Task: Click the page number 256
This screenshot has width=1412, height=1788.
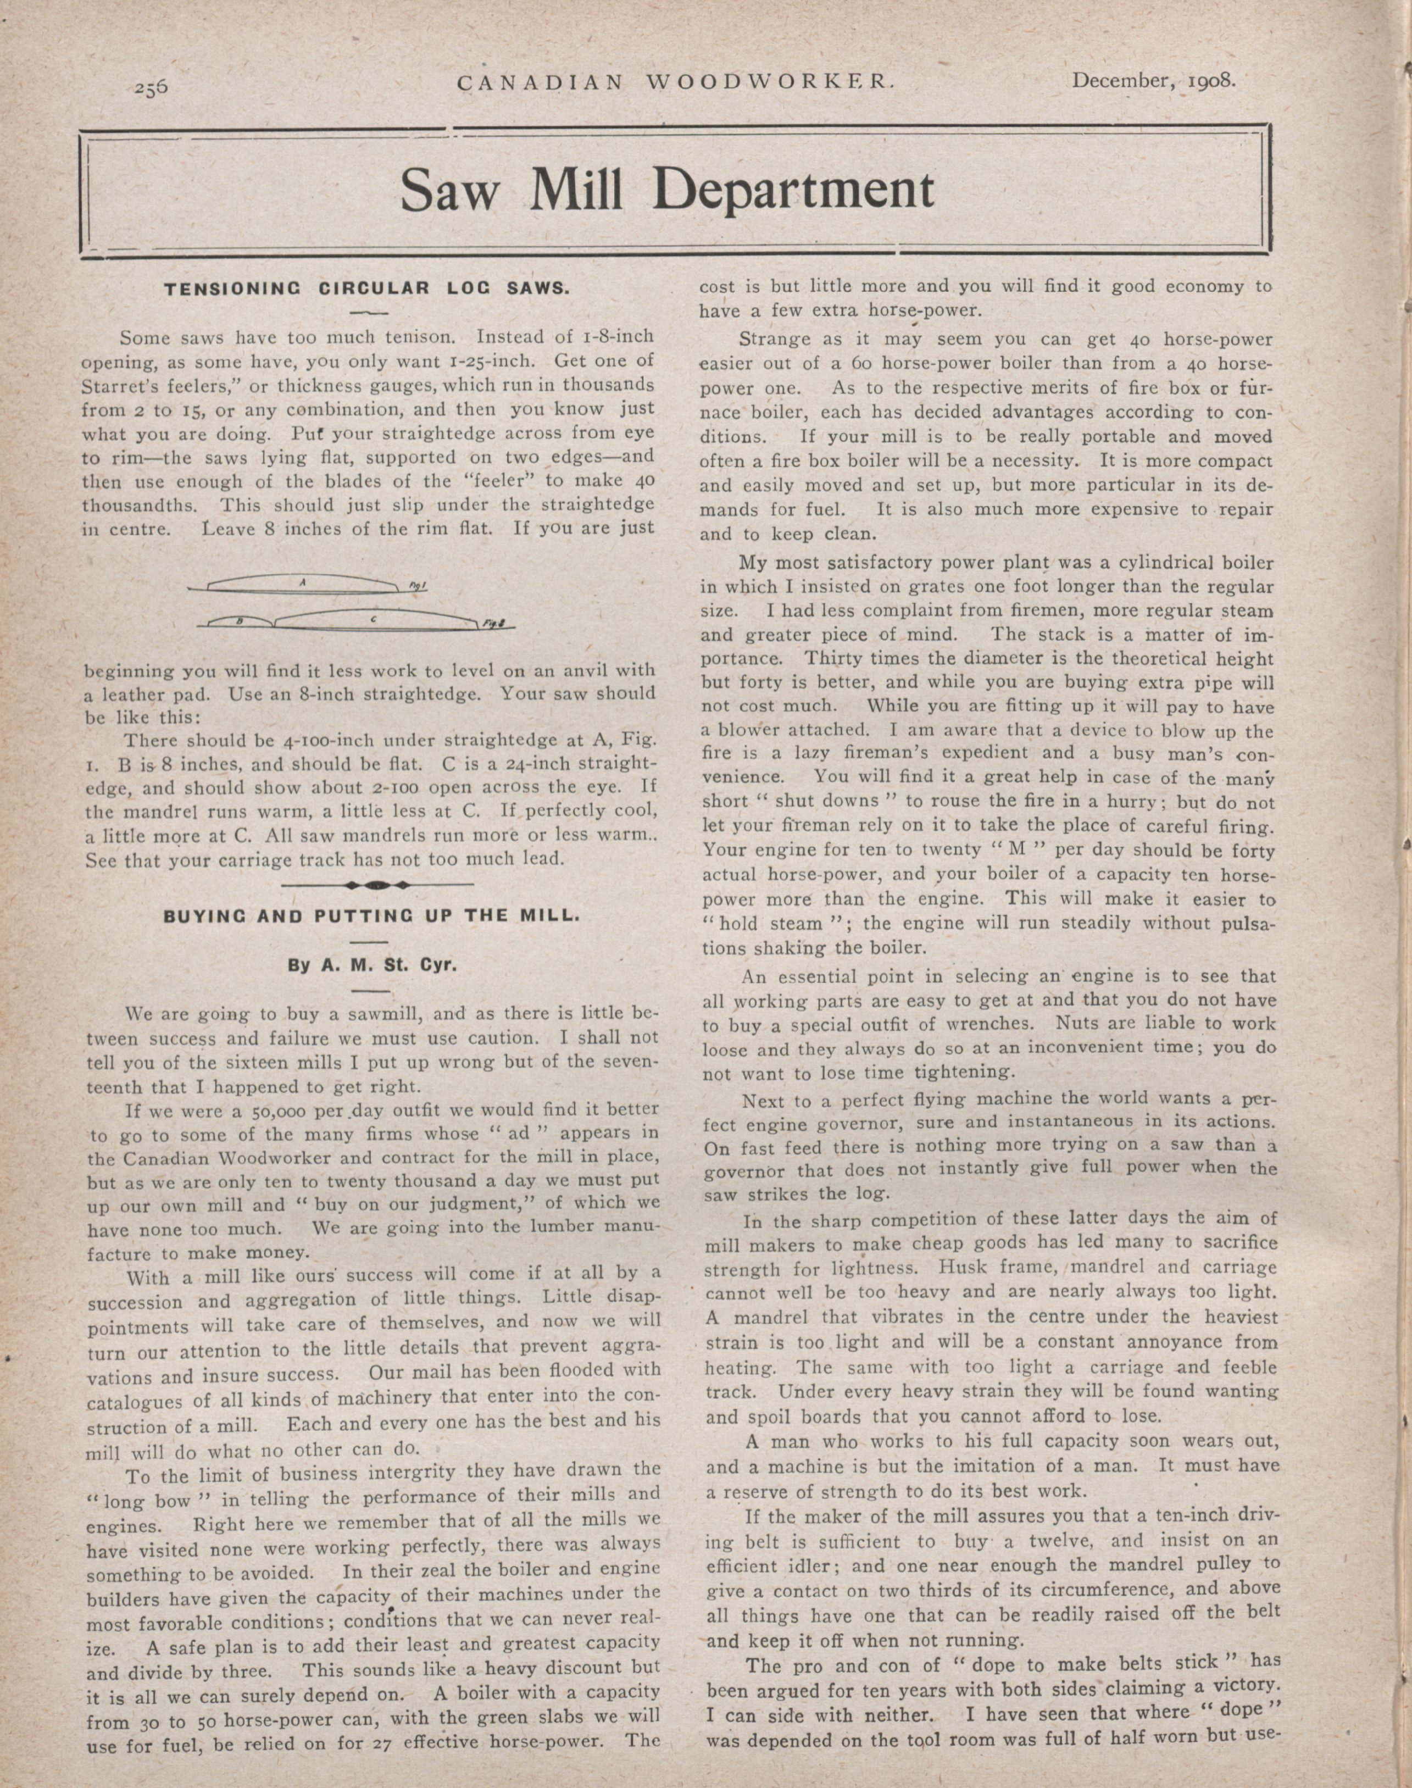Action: click(x=152, y=85)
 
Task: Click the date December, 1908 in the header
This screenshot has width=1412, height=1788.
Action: click(x=1153, y=80)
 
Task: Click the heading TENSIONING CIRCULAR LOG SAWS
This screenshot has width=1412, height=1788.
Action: click(x=367, y=290)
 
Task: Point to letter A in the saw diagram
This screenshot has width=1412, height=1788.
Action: click(x=303, y=582)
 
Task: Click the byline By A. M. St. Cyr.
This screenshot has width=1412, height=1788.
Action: click(x=372, y=965)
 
